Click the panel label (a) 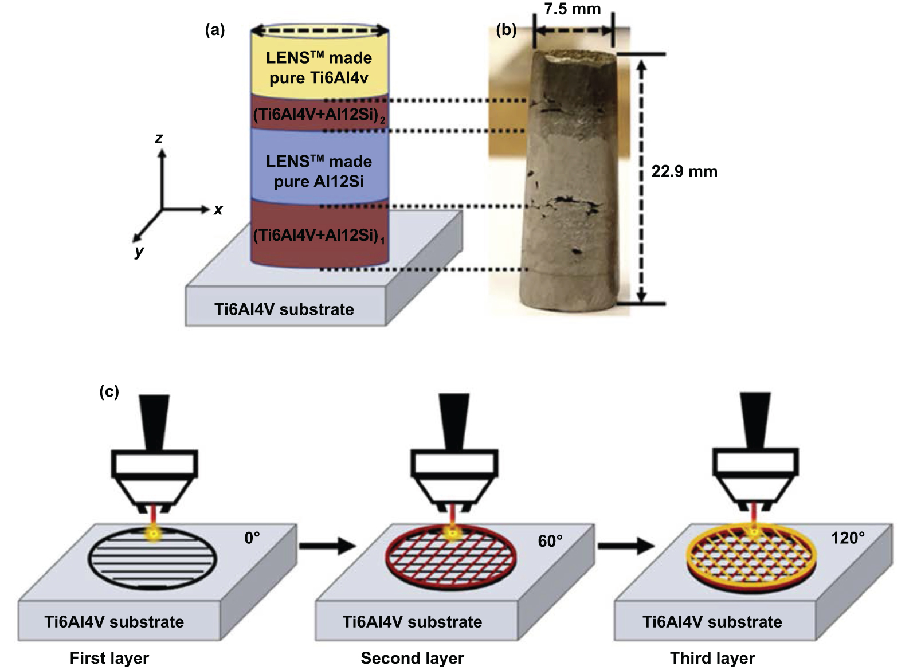[x=215, y=30]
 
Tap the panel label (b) [x=506, y=30]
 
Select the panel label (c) [x=109, y=391]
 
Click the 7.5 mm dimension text [x=572, y=9]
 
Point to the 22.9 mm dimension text [x=684, y=171]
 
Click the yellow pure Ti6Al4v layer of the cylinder [x=319, y=68]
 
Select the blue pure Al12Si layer [x=319, y=171]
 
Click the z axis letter [x=159, y=138]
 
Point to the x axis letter [x=218, y=210]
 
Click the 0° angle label [x=252, y=538]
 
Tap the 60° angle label [x=550, y=541]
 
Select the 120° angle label [x=848, y=538]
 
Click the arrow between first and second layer [x=327, y=545]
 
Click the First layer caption [x=109, y=657]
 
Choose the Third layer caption [x=712, y=657]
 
